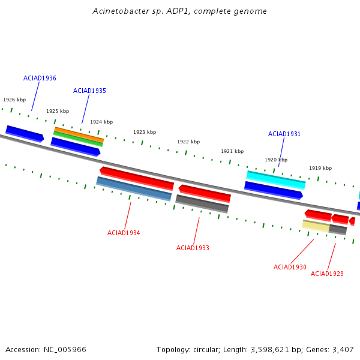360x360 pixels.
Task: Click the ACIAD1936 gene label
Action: (x=40, y=78)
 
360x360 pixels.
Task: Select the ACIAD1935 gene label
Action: (x=89, y=91)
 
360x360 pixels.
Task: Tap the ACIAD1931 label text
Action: (x=284, y=134)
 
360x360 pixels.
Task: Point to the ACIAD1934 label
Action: (x=124, y=233)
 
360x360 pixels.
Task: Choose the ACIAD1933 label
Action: (x=193, y=248)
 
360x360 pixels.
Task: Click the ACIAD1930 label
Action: (x=290, y=267)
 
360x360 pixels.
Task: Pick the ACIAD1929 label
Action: (x=327, y=274)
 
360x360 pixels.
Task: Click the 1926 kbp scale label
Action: (x=14, y=100)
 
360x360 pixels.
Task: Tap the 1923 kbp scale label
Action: (x=145, y=132)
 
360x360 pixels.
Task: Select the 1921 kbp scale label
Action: (x=232, y=151)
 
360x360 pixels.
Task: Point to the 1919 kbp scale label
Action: (x=320, y=168)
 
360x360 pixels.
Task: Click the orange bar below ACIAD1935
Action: (x=79, y=135)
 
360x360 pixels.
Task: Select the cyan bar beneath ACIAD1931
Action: (x=276, y=180)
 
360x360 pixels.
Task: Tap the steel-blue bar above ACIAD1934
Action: (x=134, y=188)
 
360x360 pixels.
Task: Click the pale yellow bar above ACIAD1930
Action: (x=316, y=226)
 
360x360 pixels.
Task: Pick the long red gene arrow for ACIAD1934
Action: (x=137, y=179)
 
